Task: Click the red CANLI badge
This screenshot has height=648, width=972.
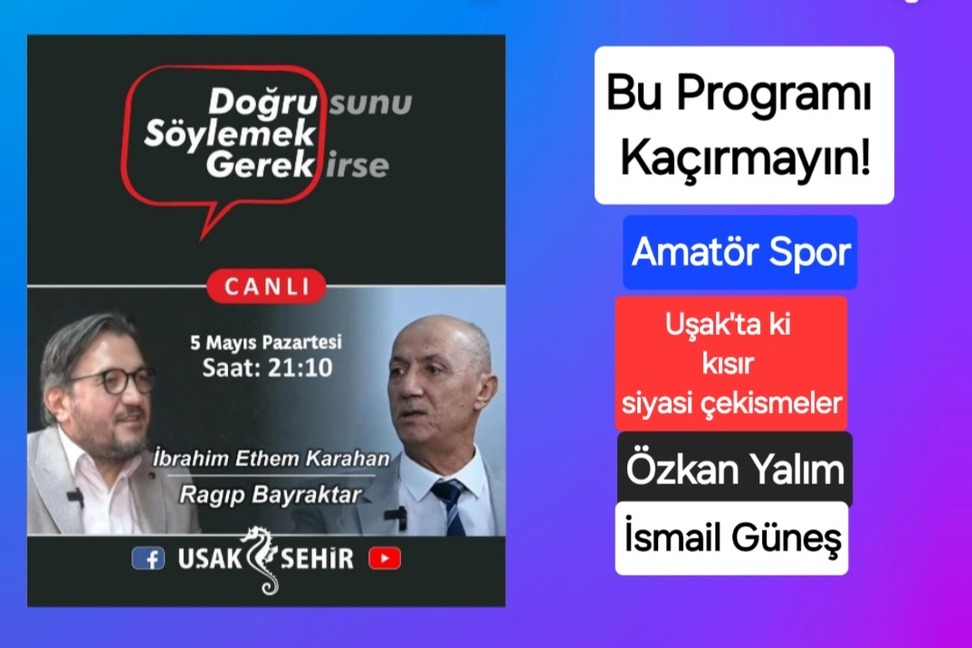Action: coord(266,286)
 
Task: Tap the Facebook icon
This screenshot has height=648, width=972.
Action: coord(148,558)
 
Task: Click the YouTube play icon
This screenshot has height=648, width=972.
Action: coord(385,558)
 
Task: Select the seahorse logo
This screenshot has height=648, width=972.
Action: coord(262,560)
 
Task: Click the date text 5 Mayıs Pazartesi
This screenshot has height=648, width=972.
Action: coord(266,342)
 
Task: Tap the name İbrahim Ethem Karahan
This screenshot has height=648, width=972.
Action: coord(272,459)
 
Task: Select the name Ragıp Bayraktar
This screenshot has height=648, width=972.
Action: coord(271,495)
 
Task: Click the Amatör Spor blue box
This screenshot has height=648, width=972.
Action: coord(740,253)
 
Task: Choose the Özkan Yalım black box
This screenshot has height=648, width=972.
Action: coord(735,470)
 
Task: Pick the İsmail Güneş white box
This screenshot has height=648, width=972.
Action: coord(731,538)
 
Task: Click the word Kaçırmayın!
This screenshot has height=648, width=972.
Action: coord(746,157)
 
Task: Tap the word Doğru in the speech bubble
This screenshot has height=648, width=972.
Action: coord(262,101)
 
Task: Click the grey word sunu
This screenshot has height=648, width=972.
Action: coord(371,103)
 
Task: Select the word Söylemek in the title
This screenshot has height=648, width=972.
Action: coord(229,134)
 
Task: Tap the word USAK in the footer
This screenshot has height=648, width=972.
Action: coord(210,558)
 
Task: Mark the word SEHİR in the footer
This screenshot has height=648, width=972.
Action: coord(318,558)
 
